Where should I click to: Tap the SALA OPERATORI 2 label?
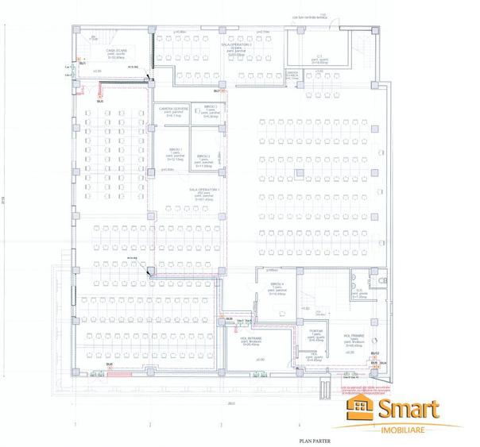[236, 45]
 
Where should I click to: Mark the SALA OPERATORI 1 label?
[203, 191]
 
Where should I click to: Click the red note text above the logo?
[368, 391]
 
